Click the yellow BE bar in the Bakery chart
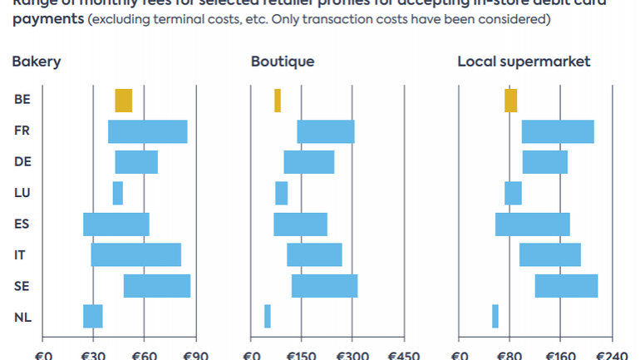[123, 101]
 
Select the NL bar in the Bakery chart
[92, 316]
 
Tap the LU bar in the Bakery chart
[117, 193]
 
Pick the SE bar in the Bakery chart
[156, 285]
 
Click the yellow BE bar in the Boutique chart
[278, 101]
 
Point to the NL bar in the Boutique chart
[267, 316]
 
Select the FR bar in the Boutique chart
[326, 131]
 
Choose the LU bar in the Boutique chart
[281, 193]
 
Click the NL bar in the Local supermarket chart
[495, 316]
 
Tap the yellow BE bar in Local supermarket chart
[510, 101]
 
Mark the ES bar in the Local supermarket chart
[532, 224]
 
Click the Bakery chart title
[36, 62]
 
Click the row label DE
[22, 162]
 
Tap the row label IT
[21, 254]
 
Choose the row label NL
[22, 316]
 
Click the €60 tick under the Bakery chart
[144, 354]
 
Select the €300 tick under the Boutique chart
[352, 354]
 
